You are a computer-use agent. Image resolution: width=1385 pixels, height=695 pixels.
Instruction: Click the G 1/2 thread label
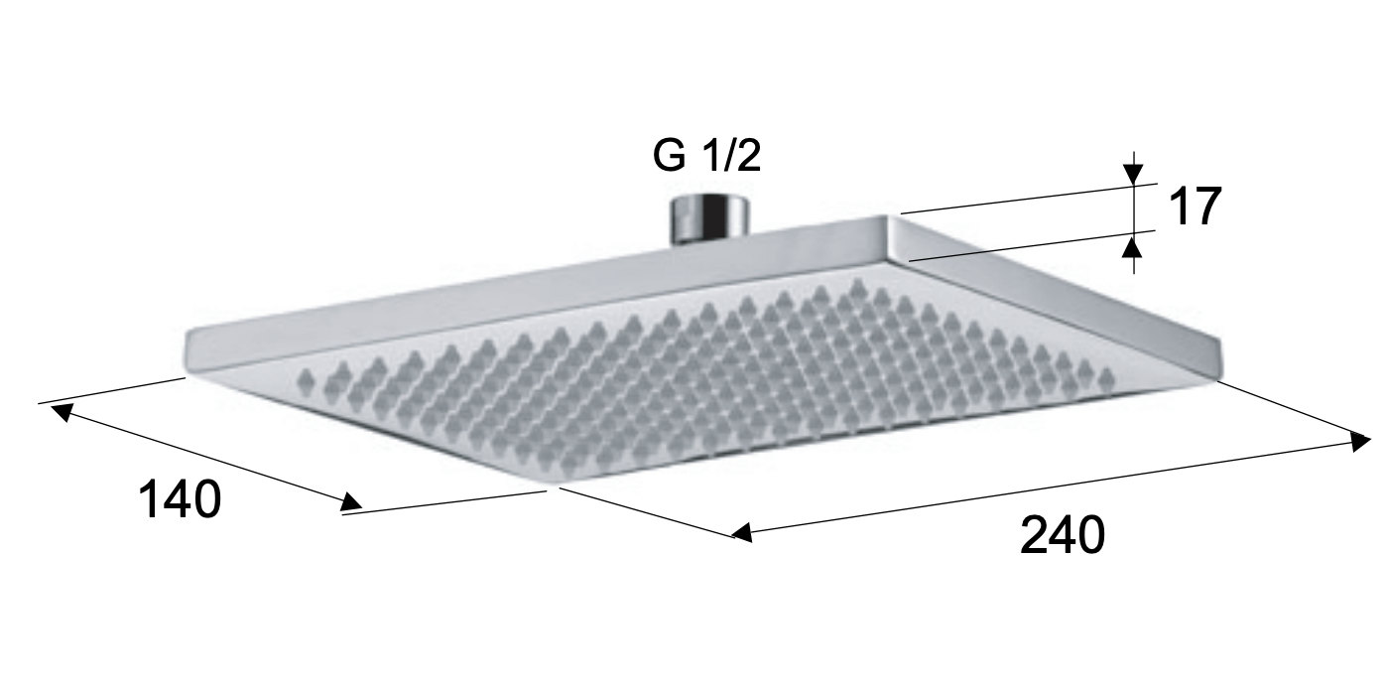click(706, 156)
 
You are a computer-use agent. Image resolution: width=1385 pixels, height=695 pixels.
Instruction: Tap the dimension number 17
click(1194, 208)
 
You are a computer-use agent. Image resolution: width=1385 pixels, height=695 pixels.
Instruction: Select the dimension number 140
click(179, 498)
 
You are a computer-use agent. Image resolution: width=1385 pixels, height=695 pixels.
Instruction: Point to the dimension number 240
click(1062, 536)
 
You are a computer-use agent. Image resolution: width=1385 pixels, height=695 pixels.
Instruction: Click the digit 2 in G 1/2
click(749, 156)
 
